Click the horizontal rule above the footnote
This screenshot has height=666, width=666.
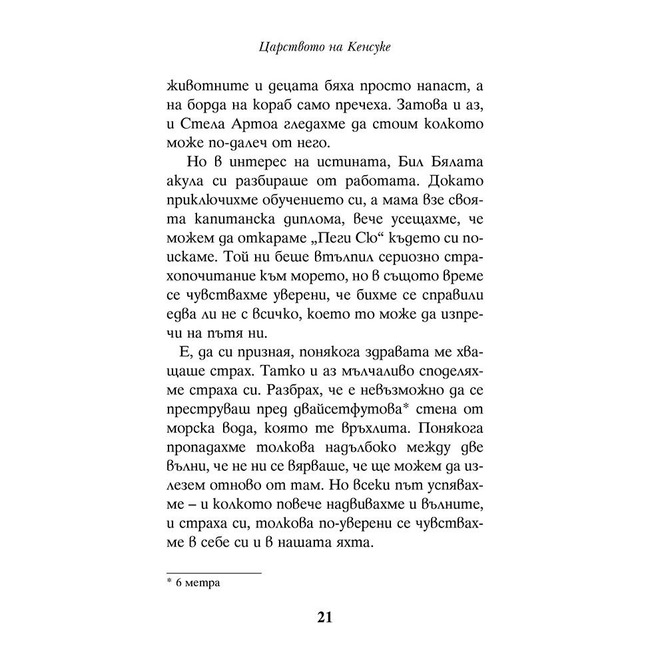coord(213,573)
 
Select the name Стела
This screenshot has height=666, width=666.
coord(199,125)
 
